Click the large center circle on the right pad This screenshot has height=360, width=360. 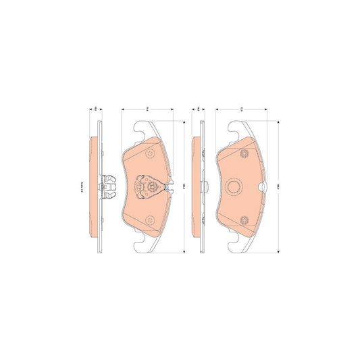click(236, 186)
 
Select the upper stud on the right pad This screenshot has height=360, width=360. click(243, 155)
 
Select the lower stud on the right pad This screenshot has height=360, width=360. click(243, 218)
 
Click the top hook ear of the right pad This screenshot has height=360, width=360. click(238, 128)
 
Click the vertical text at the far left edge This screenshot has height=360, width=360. click(81, 187)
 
